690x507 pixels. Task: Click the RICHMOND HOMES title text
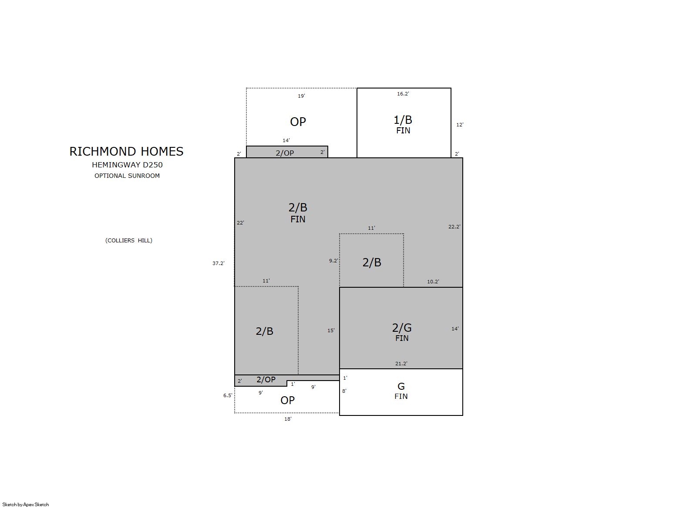pyautogui.click(x=126, y=151)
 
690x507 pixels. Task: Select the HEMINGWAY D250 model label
pyautogui.click(x=127, y=165)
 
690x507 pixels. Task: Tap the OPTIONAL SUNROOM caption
pyautogui.click(x=127, y=176)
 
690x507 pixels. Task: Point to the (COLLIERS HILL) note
pyautogui.click(x=129, y=240)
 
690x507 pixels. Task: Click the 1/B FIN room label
pyautogui.click(x=403, y=125)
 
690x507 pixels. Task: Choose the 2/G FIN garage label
pyautogui.click(x=402, y=332)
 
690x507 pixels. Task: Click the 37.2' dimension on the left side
pyautogui.click(x=219, y=263)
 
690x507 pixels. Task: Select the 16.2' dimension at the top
pyautogui.click(x=403, y=94)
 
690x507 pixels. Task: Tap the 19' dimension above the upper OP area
pyautogui.click(x=301, y=96)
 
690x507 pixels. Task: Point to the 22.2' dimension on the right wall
pyautogui.click(x=454, y=227)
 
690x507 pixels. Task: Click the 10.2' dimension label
pyautogui.click(x=433, y=282)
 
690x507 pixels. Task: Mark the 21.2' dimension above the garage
pyautogui.click(x=401, y=364)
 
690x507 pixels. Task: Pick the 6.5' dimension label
pyautogui.click(x=228, y=395)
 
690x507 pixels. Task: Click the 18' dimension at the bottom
pyautogui.click(x=288, y=419)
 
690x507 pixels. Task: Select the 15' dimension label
pyautogui.click(x=331, y=330)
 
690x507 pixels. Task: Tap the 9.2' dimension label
pyautogui.click(x=333, y=261)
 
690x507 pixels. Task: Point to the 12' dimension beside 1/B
pyautogui.click(x=460, y=125)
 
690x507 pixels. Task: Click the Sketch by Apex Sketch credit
pyautogui.click(x=26, y=504)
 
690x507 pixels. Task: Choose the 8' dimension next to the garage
pyautogui.click(x=344, y=391)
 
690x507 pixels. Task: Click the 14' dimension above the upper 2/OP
pyautogui.click(x=286, y=140)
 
